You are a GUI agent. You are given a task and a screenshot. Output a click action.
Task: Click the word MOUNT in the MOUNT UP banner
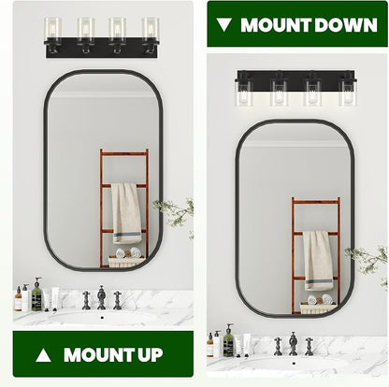(x=96, y=355)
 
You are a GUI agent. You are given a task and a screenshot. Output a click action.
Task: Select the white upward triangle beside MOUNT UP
(x=43, y=355)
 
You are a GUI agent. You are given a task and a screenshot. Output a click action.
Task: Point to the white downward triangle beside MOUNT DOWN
(x=224, y=25)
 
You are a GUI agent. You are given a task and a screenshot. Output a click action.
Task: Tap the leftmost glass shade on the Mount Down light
(x=244, y=93)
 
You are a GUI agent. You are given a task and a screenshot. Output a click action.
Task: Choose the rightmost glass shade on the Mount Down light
(x=348, y=93)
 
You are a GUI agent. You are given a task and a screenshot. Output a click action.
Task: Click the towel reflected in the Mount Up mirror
(x=126, y=213)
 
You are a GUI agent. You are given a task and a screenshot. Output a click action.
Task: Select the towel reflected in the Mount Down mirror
(x=318, y=261)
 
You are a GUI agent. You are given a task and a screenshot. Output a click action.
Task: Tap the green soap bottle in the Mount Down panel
(x=228, y=340)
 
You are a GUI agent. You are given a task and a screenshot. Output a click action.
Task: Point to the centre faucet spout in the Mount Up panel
(x=101, y=297)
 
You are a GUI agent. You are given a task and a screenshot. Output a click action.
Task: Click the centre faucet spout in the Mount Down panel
(x=293, y=344)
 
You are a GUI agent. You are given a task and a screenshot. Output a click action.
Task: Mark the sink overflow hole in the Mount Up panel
(x=102, y=318)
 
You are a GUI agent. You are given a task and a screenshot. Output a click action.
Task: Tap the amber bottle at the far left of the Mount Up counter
(x=19, y=299)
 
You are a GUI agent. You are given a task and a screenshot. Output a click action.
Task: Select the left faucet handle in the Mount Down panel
(x=278, y=346)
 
